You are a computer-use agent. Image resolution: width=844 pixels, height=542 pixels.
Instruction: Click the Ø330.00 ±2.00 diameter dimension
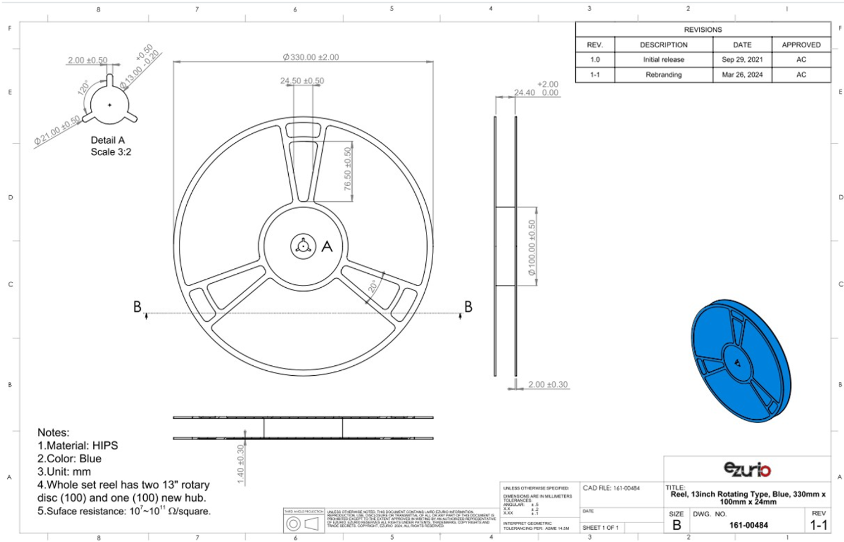311,57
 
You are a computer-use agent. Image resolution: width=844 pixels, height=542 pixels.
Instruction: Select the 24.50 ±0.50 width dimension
302,81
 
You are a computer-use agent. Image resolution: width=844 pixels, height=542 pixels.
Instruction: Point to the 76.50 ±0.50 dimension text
348,169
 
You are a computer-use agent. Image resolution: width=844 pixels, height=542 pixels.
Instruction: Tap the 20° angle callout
372,287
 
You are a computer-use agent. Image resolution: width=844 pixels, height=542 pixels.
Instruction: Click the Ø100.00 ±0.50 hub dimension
532,247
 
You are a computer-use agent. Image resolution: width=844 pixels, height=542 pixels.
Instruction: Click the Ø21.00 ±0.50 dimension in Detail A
57,132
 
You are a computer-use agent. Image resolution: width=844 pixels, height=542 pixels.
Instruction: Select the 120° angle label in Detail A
83,88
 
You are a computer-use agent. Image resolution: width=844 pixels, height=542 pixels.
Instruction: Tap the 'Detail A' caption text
108,141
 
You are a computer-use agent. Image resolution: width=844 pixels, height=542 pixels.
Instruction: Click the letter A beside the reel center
327,246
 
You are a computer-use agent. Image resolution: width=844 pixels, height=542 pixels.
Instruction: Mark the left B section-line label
137,307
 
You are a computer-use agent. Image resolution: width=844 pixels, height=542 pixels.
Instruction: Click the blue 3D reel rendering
740,361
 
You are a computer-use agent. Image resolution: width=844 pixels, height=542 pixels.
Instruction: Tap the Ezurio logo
747,470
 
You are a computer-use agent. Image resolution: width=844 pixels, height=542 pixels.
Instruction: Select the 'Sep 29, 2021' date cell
742,60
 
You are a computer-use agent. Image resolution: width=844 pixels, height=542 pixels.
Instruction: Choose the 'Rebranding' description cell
663,75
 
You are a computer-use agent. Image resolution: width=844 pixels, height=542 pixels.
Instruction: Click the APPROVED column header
801,45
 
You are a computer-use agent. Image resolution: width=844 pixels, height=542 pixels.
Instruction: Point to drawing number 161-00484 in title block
748,525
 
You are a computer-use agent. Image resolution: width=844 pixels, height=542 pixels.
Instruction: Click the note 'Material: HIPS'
77,446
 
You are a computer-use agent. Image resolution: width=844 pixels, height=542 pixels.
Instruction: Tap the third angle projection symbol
303,523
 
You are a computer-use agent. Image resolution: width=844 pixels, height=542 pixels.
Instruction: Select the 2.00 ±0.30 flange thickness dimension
547,385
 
